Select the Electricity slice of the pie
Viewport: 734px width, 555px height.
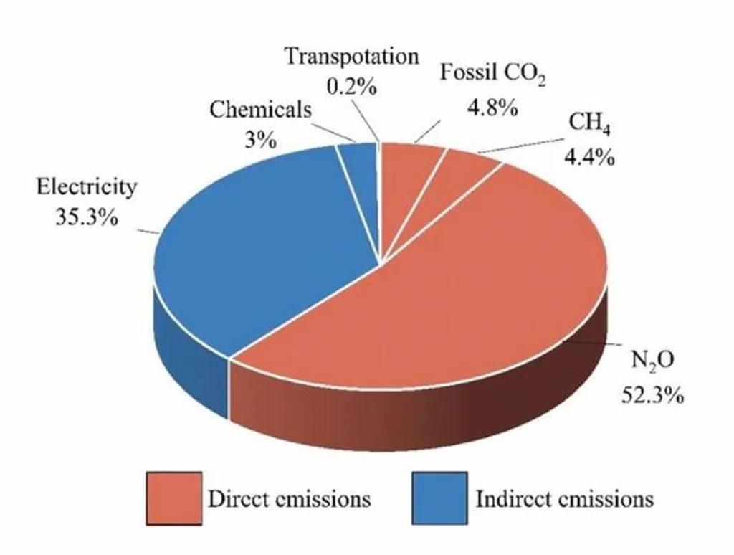point(258,244)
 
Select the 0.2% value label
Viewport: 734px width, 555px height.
point(352,86)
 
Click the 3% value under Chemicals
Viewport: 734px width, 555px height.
point(261,139)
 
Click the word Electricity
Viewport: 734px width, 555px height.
point(87,188)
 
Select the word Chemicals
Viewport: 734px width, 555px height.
point(261,110)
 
